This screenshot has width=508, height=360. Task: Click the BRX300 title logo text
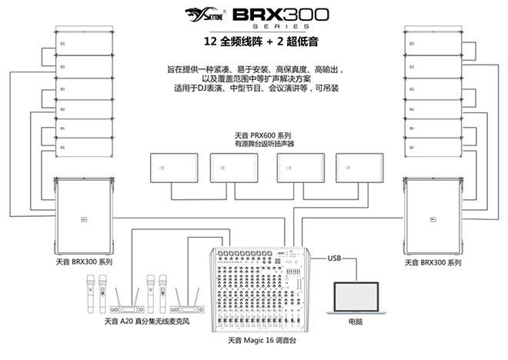pyautogui.click(x=281, y=15)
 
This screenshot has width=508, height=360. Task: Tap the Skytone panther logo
pyautogui.click(x=205, y=15)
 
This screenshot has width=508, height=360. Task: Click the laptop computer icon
pyautogui.click(x=356, y=298)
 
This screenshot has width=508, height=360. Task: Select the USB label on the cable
pyautogui.click(x=334, y=258)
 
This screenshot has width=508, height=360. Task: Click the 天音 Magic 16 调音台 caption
pyautogui.click(x=262, y=340)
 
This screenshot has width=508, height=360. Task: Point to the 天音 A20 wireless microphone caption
pyautogui.click(x=147, y=321)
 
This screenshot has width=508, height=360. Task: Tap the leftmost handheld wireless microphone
pyautogui.click(x=90, y=294)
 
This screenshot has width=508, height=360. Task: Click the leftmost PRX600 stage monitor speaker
pyautogui.click(x=174, y=168)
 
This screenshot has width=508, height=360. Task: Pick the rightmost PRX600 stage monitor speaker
pyautogui.click(x=359, y=168)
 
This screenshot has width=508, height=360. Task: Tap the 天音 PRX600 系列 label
pyautogui.click(x=262, y=135)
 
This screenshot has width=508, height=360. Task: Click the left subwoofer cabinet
pyautogui.click(x=84, y=216)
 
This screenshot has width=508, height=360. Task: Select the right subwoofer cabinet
pyautogui.click(x=433, y=216)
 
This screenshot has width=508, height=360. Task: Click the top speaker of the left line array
pyautogui.click(x=84, y=43)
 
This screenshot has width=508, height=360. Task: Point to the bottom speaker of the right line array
pyautogui.click(x=433, y=148)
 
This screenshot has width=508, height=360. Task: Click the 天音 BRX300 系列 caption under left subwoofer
pyautogui.click(x=84, y=262)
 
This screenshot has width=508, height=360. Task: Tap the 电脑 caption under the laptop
pyautogui.click(x=356, y=322)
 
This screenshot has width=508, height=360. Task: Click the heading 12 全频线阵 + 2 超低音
pyautogui.click(x=261, y=42)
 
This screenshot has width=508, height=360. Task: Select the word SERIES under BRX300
pyautogui.click(x=281, y=26)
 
